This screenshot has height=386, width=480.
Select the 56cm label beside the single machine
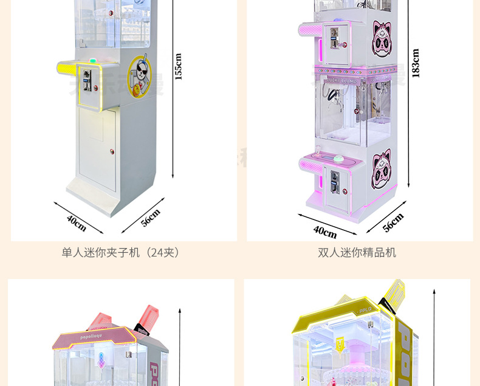(x=150, y=218)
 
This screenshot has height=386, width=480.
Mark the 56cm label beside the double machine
(x=393, y=223)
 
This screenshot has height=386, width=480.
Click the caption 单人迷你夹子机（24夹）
(x=122, y=252)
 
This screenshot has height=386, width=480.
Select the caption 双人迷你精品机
(x=357, y=252)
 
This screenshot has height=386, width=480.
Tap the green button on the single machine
(x=92, y=61)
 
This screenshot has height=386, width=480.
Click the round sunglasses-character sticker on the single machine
(x=139, y=77)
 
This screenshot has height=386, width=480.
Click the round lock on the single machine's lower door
(x=113, y=151)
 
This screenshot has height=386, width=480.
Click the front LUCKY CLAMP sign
(x=340, y=77)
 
